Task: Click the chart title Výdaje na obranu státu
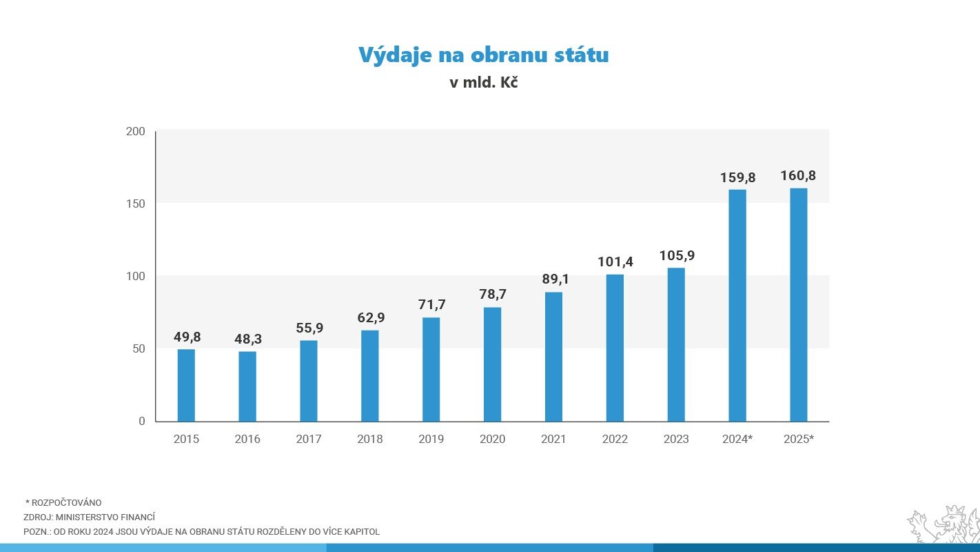pyautogui.click(x=483, y=55)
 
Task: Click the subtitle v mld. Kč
pyautogui.click(x=483, y=82)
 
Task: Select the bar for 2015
pyautogui.click(x=186, y=385)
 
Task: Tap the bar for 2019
pyautogui.click(x=431, y=369)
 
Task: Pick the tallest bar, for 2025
pyautogui.click(x=798, y=304)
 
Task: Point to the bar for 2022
pyautogui.click(x=615, y=348)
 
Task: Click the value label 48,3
pyautogui.click(x=247, y=339)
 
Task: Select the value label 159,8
pyautogui.click(x=737, y=177)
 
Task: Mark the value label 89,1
pyautogui.click(x=553, y=280)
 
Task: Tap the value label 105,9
pyautogui.click(x=676, y=256)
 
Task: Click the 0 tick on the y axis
pyautogui.click(x=142, y=421)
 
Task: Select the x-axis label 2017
pyautogui.click(x=309, y=439)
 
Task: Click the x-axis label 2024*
pyautogui.click(x=737, y=439)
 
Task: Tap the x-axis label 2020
pyautogui.click(x=492, y=439)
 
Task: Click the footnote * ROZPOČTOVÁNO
pyautogui.click(x=63, y=502)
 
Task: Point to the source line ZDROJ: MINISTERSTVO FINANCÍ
pyautogui.click(x=89, y=517)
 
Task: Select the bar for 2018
pyautogui.click(x=370, y=375)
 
